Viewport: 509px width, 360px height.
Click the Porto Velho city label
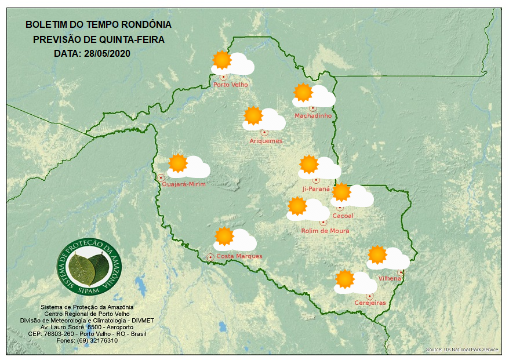[x=231, y=85]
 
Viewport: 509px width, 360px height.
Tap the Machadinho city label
[x=313, y=116]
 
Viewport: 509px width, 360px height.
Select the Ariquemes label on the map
[x=266, y=141]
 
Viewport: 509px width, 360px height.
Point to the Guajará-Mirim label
[x=184, y=184]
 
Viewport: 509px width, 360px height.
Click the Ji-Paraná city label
[x=316, y=189]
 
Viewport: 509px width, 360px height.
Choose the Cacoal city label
[x=343, y=216]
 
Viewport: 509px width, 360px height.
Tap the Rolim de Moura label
[x=325, y=231]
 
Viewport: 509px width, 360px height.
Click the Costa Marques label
[x=239, y=256]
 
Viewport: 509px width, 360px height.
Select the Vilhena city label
[x=390, y=278]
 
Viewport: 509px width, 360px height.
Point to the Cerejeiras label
[x=370, y=303]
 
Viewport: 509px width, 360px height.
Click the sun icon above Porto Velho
[x=221, y=60]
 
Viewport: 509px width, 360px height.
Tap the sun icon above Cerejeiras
[x=345, y=279]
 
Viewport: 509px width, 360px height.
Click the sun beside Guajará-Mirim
[x=178, y=163]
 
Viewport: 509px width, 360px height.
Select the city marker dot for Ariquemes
[x=264, y=132]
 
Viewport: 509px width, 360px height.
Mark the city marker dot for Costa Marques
[x=210, y=257]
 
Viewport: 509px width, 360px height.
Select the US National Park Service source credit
[x=462, y=350]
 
